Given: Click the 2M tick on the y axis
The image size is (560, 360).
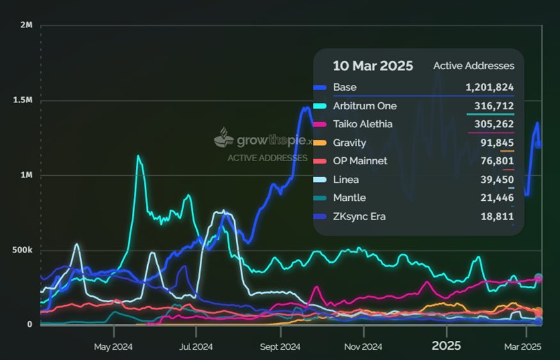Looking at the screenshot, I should [26, 26].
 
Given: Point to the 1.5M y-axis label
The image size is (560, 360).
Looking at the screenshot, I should [22, 100].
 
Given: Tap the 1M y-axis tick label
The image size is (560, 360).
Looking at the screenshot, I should [26, 175].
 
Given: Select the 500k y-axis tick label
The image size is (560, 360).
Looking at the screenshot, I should [22, 249].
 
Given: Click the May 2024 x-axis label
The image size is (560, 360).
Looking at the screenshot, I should [113, 347].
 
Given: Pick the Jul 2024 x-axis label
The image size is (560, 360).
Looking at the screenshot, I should [196, 347].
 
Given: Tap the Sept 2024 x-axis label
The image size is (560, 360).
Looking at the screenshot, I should [280, 347].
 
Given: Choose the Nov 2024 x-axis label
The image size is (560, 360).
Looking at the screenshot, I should [363, 347].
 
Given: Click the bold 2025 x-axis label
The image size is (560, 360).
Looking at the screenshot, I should [446, 346].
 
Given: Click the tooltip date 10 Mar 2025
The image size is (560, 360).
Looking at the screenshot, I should [372, 66].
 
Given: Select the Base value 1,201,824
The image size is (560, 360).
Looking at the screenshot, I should [490, 88].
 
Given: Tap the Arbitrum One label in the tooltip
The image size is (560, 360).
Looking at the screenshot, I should [365, 106].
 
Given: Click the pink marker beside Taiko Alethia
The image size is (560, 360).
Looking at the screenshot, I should [321, 124].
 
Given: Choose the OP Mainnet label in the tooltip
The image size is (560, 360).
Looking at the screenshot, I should [360, 161].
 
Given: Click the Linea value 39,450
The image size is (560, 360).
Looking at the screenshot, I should [497, 180].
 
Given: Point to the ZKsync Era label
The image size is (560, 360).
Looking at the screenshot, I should [359, 217].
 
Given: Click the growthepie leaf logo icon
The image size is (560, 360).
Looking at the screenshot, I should [223, 137].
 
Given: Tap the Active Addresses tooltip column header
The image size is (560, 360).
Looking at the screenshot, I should [474, 66].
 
